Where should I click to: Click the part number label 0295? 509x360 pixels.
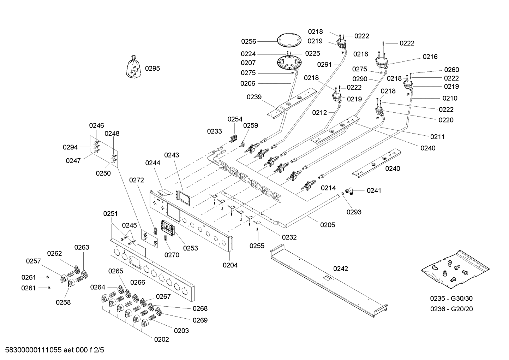pyautogui.click(x=152, y=68)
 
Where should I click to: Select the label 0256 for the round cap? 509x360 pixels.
pyautogui.click(x=248, y=41)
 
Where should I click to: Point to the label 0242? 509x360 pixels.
pyautogui.click(x=341, y=268)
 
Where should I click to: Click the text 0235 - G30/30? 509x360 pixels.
pyautogui.click(x=451, y=299)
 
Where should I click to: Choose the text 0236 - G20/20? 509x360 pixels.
pyautogui.click(x=451, y=309)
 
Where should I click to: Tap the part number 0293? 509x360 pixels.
pyautogui.click(x=354, y=212)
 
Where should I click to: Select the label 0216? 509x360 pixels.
pyautogui.click(x=430, y=57)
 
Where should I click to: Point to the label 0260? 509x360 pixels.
pyautogui.click(x=451, y=70)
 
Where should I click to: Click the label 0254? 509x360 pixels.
pyautogui.click(x=235, y=119)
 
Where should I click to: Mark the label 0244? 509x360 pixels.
pyautogui.click(x=152, y=163)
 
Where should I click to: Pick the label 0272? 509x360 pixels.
pyautogui.click(x=137, y=180)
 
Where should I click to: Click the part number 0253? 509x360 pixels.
pyautogui.click(x=191, y=248)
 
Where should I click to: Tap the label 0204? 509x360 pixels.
pyautogui.click(x=230, y=265)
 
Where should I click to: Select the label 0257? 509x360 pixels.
pyautogui.click(x=34, y=261)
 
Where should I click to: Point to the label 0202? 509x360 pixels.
pyautogui.click(x=161, y=340)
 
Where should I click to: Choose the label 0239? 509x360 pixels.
pyautogui.click(x=254, y=97)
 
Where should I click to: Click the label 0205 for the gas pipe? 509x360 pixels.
pyautogui.click(x=328, y=225)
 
